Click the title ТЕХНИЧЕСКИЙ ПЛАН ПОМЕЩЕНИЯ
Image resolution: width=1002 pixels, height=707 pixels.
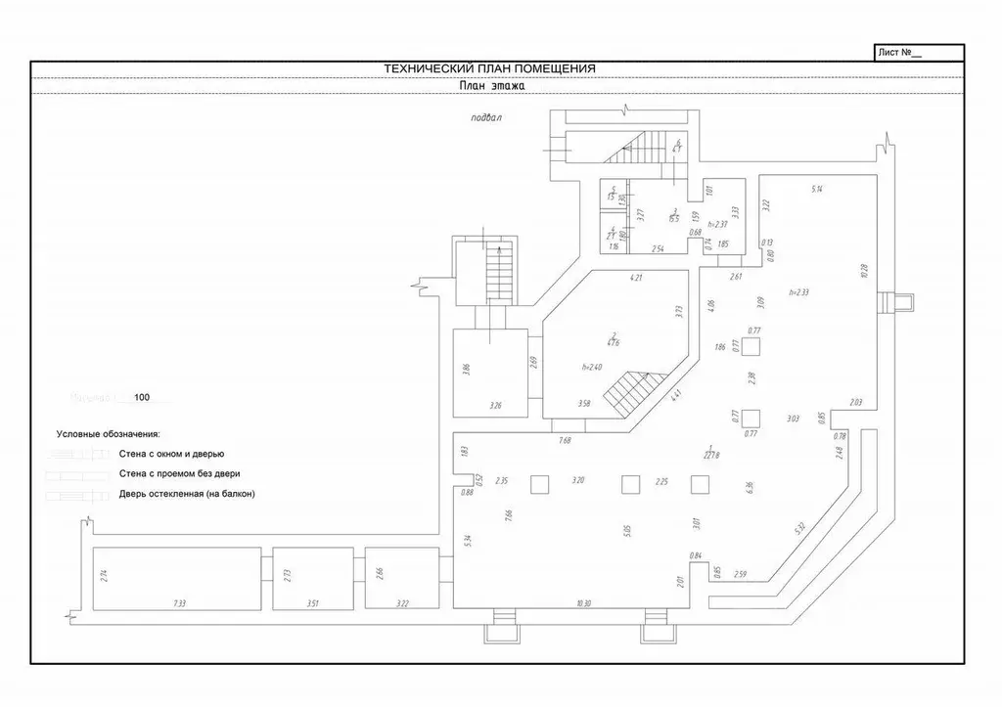(489, 68)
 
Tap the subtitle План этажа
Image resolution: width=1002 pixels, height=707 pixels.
(493, 86)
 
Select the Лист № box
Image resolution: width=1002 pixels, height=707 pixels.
(918, 53)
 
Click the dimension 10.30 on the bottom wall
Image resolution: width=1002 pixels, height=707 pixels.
(584, 604)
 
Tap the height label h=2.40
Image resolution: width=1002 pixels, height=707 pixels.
(592, 367)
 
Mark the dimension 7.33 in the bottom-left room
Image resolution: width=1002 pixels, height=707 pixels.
(179, 604)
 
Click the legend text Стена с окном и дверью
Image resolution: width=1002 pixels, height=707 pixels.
(172, 454)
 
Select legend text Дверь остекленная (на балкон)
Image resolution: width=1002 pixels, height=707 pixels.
(187, 494)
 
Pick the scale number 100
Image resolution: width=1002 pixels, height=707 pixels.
(142, 398)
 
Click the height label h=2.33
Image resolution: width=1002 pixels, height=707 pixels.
(799, 292)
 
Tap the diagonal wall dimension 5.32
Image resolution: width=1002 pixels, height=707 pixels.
(800, 530)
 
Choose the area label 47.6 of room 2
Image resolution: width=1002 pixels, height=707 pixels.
(614, 342)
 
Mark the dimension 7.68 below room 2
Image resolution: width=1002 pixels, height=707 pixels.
(565, 442)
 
